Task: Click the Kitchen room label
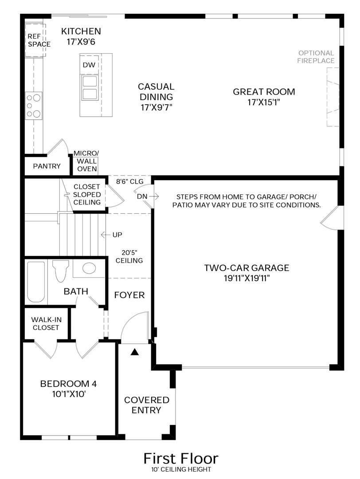pos(81,31)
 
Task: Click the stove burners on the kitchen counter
pos(34,106)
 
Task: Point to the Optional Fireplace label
pos(316,57)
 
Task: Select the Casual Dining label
pos(156,91)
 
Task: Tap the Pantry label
pos(47,166)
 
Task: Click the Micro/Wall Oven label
pos(86,161)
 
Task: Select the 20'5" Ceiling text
pos(129,256)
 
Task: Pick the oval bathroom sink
pos(89,268)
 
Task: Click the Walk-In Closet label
pos(45,323)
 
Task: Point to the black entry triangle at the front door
pos(135,352)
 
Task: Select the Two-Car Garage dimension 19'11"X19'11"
pos(247,278)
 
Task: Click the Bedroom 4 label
pos(68,389)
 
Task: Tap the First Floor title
pos(180,458)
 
